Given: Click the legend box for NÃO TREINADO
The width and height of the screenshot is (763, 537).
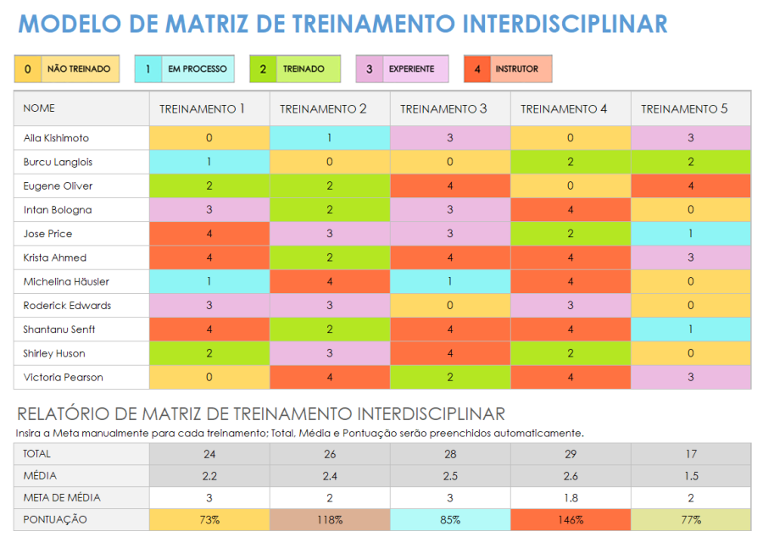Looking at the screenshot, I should [67, 69].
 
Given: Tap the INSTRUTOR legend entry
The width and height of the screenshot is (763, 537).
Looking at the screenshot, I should [508, 69].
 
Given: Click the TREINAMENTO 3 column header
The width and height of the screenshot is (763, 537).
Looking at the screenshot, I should [443, 109].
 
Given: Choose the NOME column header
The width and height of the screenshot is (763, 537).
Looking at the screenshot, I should [39, 108].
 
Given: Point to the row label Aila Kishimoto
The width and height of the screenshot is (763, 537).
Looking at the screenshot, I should [56, 138].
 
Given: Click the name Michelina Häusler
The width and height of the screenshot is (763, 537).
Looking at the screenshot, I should [66, 281].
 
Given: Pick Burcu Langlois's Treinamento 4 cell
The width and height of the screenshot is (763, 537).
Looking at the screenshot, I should [570, 162].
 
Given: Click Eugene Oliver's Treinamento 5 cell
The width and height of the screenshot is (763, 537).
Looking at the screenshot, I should [690, 185].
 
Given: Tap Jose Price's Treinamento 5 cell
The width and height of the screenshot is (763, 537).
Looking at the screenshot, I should [690, 234].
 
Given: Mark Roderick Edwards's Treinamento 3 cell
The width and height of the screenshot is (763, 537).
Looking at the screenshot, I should [449, 305].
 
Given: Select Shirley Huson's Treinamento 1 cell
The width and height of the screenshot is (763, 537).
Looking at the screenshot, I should [209, 353].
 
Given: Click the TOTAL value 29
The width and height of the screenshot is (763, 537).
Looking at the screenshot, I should [570, 454].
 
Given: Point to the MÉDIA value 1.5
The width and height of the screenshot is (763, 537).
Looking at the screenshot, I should [690, 476].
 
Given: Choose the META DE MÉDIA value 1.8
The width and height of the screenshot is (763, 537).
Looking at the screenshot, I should [570, 498].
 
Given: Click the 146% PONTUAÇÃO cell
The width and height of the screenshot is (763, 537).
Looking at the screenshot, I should [570, 520].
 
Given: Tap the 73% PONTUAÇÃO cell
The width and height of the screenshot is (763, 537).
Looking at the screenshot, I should [209, 520].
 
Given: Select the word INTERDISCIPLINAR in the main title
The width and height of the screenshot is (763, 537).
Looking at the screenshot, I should [565, 24].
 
